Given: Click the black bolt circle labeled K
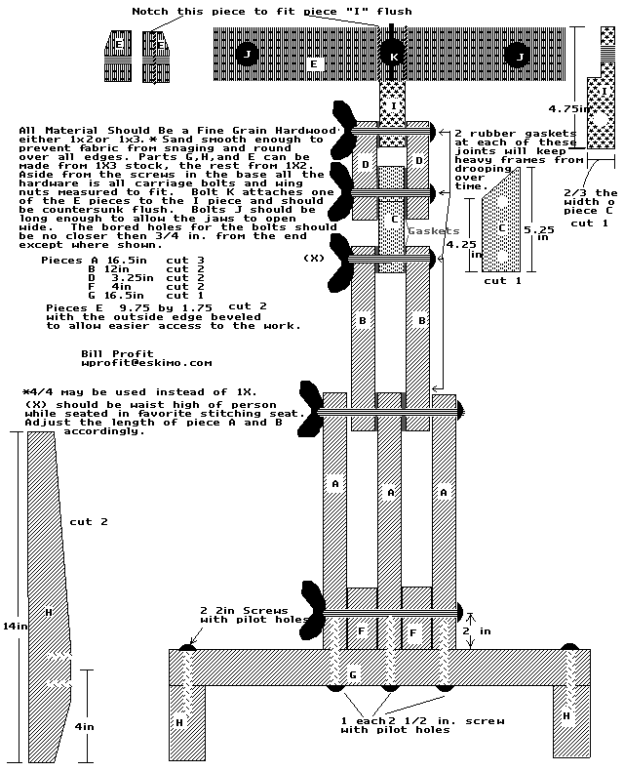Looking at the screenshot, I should coord(393,57).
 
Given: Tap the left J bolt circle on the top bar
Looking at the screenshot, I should coord(247,56).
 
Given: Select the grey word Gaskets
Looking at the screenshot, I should coord(433,231).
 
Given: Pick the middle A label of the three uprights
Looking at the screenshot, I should coord(391,493).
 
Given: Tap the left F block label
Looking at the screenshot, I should coord(361,631).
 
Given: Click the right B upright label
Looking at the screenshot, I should coord(421,319).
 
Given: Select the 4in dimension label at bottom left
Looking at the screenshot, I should coord(86,726).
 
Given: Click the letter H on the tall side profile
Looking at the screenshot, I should coord(48,612).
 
